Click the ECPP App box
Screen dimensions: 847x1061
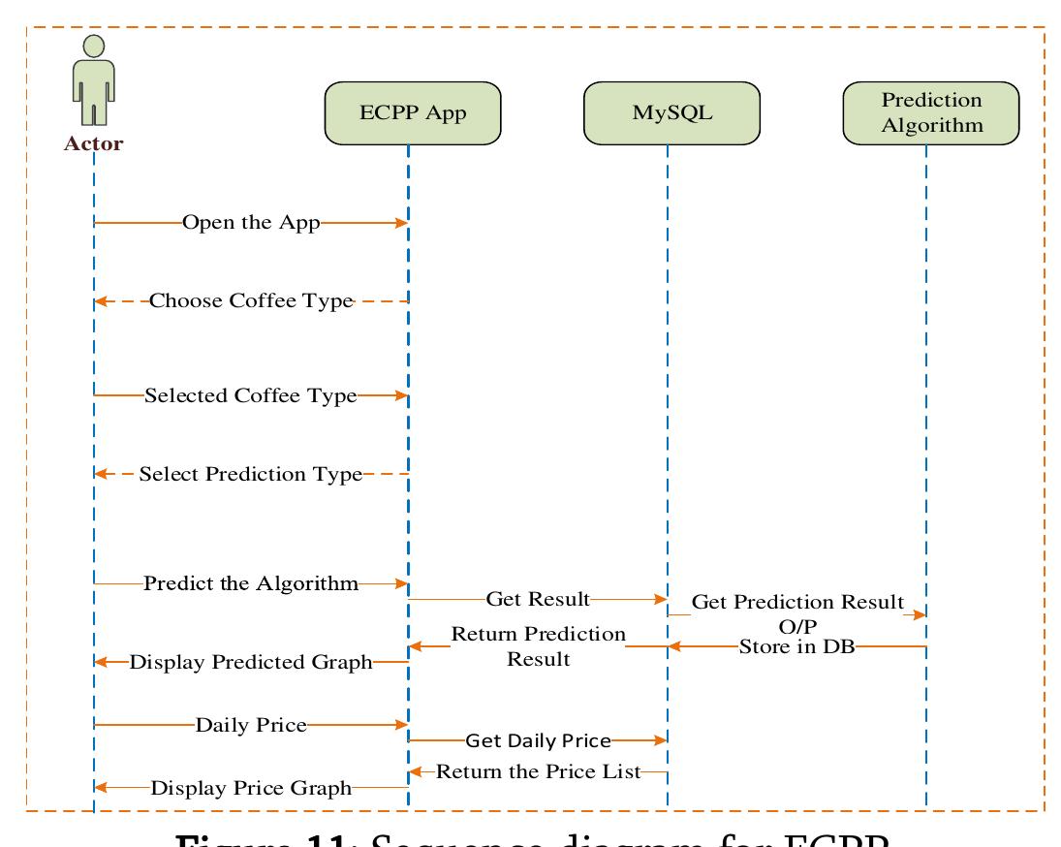[x=413, y=112]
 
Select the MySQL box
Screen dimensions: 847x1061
[x=671, y=112]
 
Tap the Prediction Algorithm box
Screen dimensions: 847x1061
[x=931, y=112]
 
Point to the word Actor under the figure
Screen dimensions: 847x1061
[x=93, y=144]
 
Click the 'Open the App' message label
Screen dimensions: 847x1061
[x=251, y=223]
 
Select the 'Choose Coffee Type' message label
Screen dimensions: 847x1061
[x=250, y=300]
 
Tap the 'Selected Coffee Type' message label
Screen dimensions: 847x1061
[x=250, y=395]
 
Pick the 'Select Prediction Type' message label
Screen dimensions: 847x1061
[x=250, y=474]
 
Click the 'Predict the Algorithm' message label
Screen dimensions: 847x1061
[x=251, y=583]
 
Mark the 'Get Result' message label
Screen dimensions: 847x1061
[x=538, y=600]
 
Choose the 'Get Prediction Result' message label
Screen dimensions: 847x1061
[x=797, y=602]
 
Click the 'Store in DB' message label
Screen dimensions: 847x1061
[x=796, y=646]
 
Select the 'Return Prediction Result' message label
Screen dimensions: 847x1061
[x=539, y=646]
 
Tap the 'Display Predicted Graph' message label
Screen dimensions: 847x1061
[x=251, y=663]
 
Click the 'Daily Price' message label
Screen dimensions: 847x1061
[x=251, y=724]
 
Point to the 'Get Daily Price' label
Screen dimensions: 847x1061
[x=538, y=740]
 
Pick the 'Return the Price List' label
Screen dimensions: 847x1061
[x=539, y=771]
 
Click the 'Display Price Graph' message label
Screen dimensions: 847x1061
[x=251, y=788]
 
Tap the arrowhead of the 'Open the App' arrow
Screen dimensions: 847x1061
[x=401, y=223]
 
